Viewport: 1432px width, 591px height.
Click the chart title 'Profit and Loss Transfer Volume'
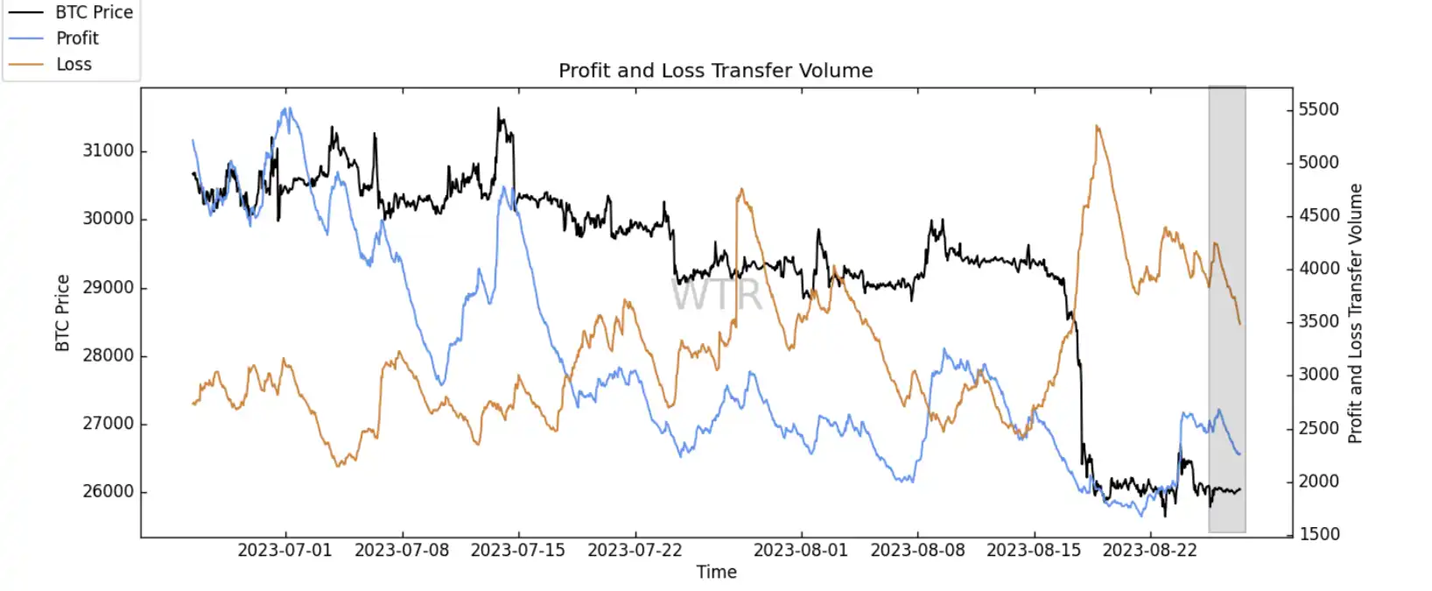715,71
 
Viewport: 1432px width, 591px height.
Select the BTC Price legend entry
94,12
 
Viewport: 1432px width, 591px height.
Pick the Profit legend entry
77,39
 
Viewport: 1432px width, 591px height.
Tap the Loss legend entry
74,65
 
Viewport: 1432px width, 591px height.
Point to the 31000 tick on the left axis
109,151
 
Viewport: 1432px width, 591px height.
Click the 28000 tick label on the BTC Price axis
109,355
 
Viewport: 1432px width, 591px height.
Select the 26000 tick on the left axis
109,492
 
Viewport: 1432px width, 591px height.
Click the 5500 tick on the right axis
1318,109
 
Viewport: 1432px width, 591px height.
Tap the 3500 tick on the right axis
1318,321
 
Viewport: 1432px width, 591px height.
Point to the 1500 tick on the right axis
1318,534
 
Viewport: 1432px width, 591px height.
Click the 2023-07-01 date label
284,551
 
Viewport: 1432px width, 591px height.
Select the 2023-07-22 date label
635,551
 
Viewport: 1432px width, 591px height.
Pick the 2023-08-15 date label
1034,551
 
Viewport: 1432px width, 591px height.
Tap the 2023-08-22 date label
1149,551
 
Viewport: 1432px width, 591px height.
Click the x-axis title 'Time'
716,573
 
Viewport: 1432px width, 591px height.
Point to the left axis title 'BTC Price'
62,313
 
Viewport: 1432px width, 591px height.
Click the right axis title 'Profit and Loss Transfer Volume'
1355,313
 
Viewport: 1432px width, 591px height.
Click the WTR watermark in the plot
717,294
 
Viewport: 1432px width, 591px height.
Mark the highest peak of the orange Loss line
1097,127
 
